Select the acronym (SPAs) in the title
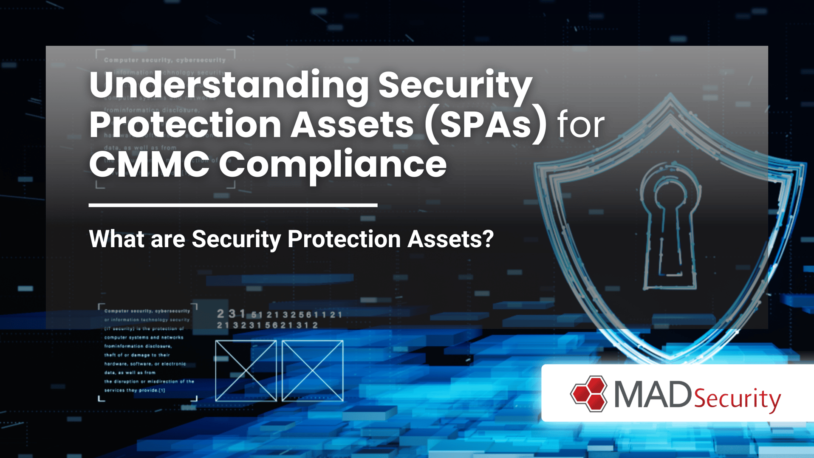coord(485,124)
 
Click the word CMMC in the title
coord(149,164)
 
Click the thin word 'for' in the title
coord(581,125)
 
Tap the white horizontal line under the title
coord(233,205)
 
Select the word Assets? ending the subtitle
coord(450,239)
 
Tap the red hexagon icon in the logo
coord(589,394)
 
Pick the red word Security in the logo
coord(737,399)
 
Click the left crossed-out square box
coord(246,370)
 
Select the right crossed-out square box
coord(313,370)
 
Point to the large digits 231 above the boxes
coord(231,314)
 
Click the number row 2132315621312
coord(267,325)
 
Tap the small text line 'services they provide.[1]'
coord(135,390)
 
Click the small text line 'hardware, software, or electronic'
coord(145,364)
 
